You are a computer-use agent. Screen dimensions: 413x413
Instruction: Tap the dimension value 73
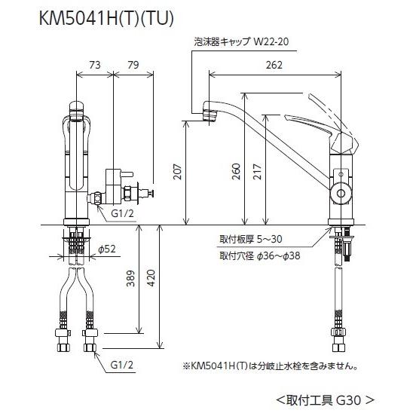click(x=96, y=66)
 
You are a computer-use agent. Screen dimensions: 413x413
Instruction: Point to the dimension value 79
click(x=133, y=66)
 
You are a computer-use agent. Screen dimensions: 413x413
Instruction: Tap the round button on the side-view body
click(x=340, y=193)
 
